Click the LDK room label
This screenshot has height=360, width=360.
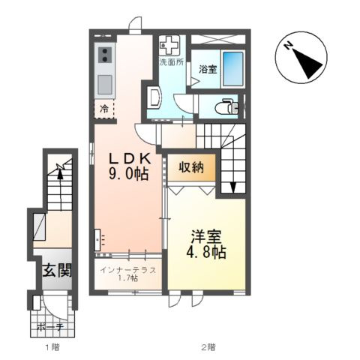[x=126, y=159]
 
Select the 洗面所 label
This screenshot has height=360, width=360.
[x=171, y=62]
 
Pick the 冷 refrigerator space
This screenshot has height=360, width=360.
[x=105, y=109]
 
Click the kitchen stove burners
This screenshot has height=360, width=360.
[x=103, y=55]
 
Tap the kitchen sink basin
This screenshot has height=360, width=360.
[x=104, y=81]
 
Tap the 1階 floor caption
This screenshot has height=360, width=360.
[x=51, y=347]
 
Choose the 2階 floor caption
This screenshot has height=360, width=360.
[x=208, y=347]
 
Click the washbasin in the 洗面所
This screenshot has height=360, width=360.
[x=154, y=97]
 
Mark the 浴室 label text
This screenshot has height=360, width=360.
[x=208, y=70]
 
